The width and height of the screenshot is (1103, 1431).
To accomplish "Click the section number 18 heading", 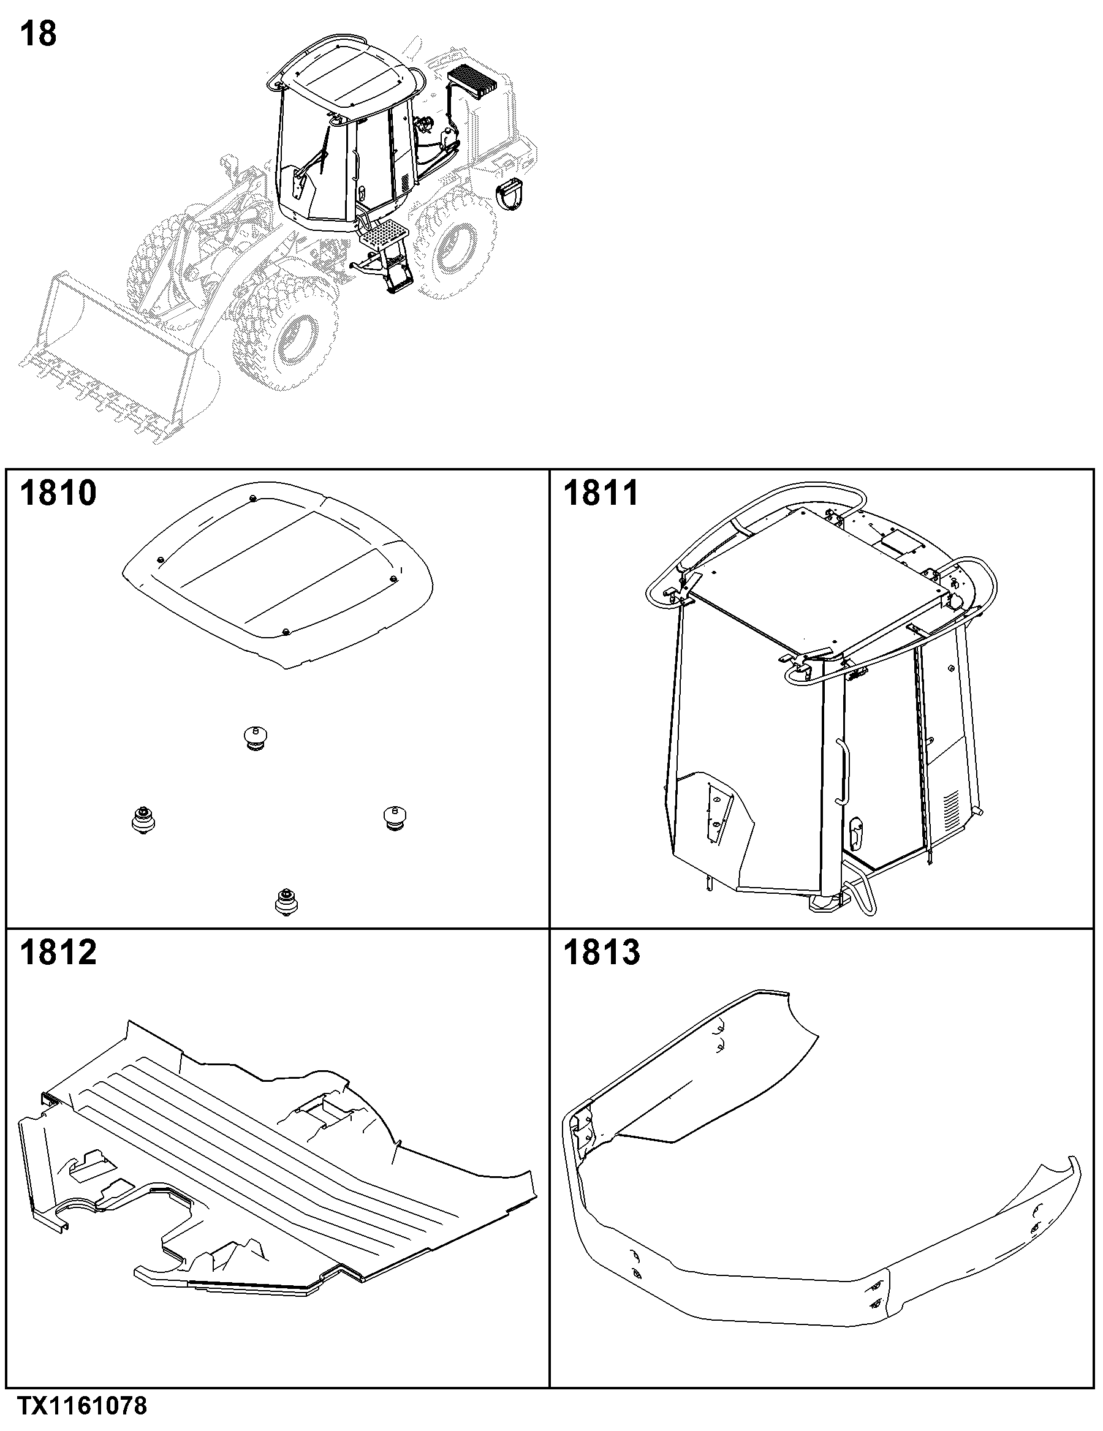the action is tap(38, 34).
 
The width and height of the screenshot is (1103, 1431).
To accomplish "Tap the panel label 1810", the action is tap(58, 493).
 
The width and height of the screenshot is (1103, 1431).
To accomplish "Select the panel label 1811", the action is tap(601, 493).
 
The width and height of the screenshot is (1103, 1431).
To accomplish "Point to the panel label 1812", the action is tap(58, 952).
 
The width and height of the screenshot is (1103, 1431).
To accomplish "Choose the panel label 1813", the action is tap(602, 952).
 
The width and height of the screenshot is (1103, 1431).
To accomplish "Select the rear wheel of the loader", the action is tap(452, 243).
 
